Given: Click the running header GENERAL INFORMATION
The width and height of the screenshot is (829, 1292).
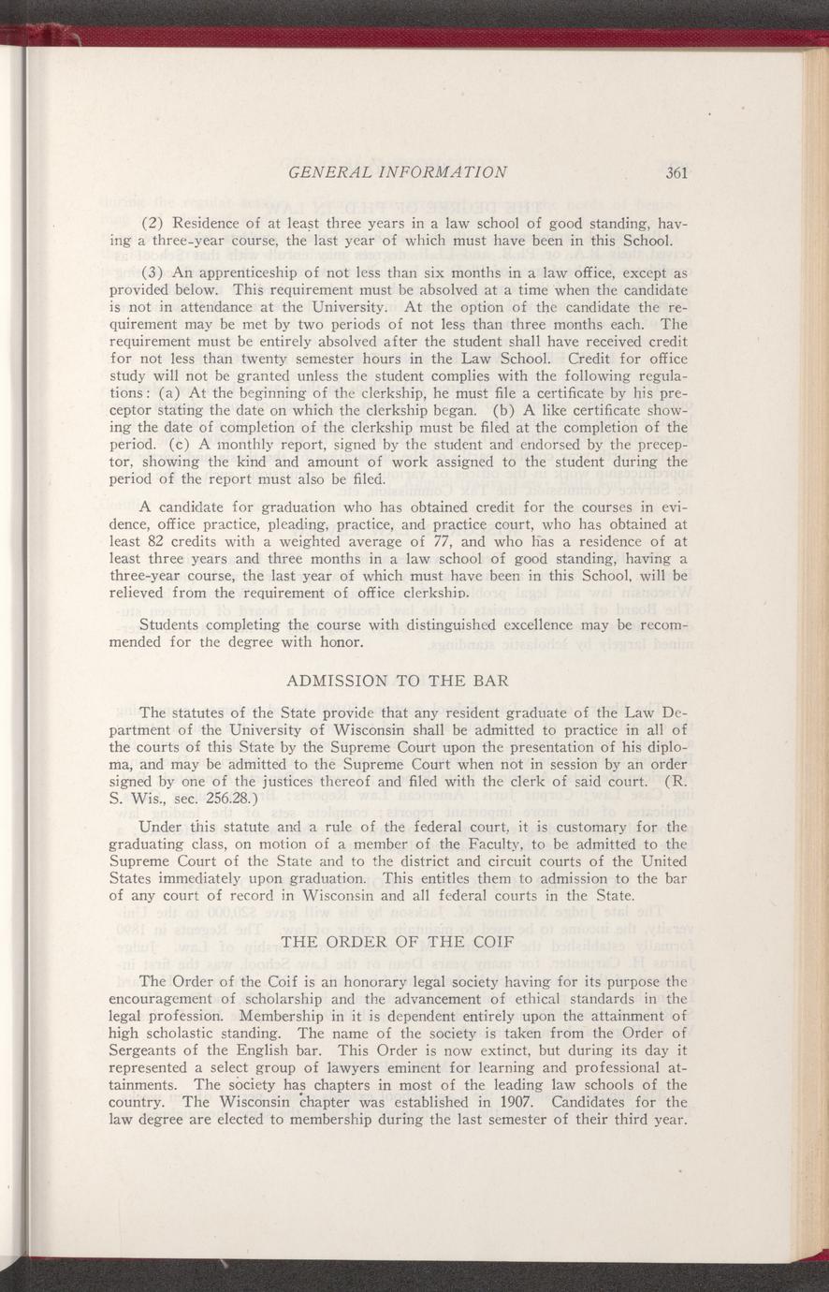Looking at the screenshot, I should [399, 172].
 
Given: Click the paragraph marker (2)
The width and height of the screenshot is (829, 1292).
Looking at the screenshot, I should [154, 222].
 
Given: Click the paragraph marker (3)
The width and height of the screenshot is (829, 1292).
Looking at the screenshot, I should [154, 272].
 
